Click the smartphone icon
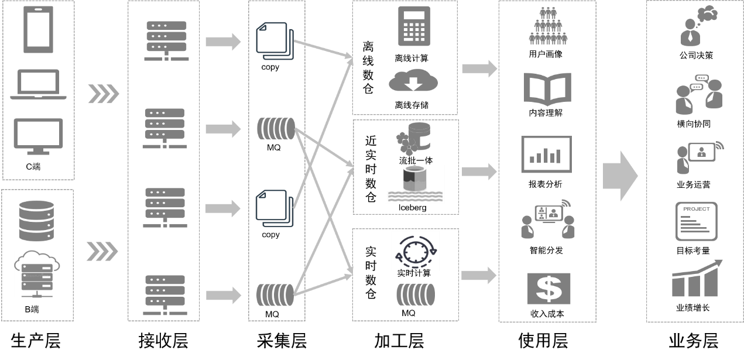(x=38, y=29)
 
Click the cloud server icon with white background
(x=37, y=274)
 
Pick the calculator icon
(x=414, y=26)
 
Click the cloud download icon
(x=413, y=80)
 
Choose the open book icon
(x=547, y=88)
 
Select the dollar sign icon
(x=548, y=289)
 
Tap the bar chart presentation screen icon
(x=546, y=155)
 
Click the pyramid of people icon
(x=548, y=26)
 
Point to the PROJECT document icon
(x=696, y=221)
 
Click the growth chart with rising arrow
(x=697, y=279)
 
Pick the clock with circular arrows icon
(x=415, y=251)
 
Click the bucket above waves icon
(x=414, y=184)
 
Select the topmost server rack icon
(x=167, y=40)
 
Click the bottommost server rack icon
(x=166, y=295)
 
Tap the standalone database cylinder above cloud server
(x=36, y=221)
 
